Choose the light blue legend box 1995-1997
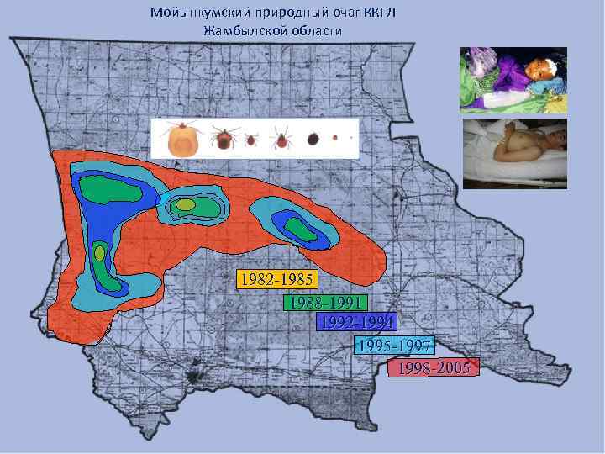(x=394, y=345)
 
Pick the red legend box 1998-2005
(x=434, y=368)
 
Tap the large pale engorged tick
(x=182, y=140)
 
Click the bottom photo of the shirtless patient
(x=514, y=154)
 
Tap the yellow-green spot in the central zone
(x=186, y=204)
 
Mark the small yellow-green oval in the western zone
(x=99, y=252)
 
